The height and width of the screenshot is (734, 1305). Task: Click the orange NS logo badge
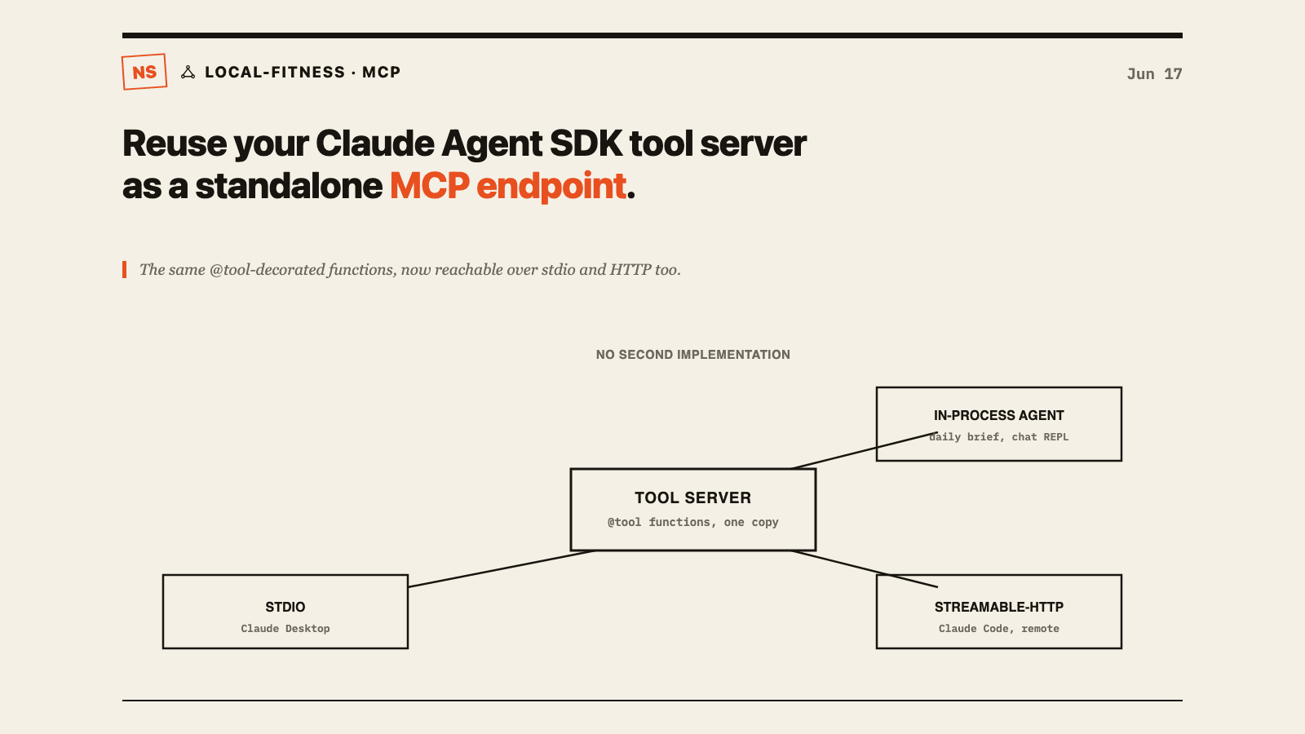point(144,72)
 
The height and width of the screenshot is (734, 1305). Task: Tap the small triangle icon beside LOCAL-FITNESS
point(188,73)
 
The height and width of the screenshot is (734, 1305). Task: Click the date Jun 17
point(1154,74)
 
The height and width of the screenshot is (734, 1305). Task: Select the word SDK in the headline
point(586,144)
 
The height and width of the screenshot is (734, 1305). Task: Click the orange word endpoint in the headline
point(551,188)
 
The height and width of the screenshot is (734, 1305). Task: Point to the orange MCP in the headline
point(429,187)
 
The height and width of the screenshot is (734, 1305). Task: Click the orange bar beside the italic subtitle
point(124,270)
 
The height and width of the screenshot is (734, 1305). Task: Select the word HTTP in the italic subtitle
point(630,270)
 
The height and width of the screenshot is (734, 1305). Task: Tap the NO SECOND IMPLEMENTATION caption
point(692,355)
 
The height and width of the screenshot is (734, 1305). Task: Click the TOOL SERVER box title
point(692,498)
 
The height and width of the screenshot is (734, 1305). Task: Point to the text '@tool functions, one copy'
point(692,523)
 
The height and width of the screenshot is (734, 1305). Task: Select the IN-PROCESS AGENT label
point(998,415)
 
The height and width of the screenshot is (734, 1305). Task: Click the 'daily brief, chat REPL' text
point(998,437)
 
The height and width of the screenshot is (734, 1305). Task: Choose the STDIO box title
point(285,607)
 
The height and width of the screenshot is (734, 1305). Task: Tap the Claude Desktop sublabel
point(285,629)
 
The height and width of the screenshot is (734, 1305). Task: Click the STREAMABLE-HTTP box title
point(998,607)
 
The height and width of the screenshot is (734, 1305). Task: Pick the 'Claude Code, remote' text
point(998,629)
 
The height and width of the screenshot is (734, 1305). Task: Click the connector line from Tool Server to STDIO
point(501,568)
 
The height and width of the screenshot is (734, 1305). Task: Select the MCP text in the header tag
point(382,73)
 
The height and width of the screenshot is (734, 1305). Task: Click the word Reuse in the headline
point(175,144)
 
